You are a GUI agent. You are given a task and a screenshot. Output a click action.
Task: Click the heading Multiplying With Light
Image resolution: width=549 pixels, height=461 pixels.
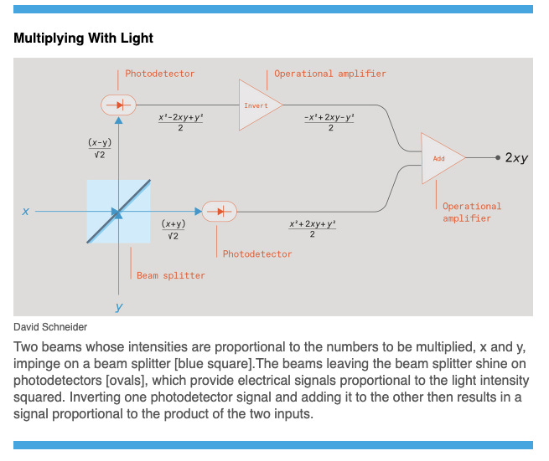(83, 38)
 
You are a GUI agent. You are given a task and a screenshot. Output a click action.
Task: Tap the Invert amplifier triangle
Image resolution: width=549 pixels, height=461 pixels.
(257, 105)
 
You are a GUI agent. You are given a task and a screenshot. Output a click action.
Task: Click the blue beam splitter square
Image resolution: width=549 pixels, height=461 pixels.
(118, 212)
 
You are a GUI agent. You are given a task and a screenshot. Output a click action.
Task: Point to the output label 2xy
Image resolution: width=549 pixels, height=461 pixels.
(516, 157)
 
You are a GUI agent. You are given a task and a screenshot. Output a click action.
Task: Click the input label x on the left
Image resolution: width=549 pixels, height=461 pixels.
(25, 212)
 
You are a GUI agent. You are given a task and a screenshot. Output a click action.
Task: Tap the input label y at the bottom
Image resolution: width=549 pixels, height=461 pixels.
(119, 307)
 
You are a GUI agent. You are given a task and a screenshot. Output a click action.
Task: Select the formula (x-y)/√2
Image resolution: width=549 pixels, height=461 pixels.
(100, 148)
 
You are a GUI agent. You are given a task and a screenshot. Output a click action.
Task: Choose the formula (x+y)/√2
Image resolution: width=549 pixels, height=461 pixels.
(174, 229)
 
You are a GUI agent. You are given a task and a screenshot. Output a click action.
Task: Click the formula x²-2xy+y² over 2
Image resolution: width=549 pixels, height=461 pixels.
(181, 122)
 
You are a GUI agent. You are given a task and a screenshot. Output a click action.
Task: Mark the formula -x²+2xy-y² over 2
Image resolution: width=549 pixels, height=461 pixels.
(330, 122)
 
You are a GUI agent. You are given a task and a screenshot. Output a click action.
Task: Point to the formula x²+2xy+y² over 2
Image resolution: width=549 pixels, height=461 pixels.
(312, 228)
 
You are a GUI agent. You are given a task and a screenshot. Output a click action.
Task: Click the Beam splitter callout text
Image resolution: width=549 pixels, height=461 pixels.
(171, 274)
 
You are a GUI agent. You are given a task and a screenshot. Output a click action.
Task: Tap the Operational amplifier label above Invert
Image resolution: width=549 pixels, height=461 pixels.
(330, 74)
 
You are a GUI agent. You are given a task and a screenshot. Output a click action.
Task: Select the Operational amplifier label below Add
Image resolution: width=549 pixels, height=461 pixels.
(471, 212)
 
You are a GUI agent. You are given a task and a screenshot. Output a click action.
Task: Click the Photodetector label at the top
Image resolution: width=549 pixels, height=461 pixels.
(160, 74)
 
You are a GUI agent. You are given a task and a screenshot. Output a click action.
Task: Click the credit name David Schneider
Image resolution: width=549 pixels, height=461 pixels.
(51, 327)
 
